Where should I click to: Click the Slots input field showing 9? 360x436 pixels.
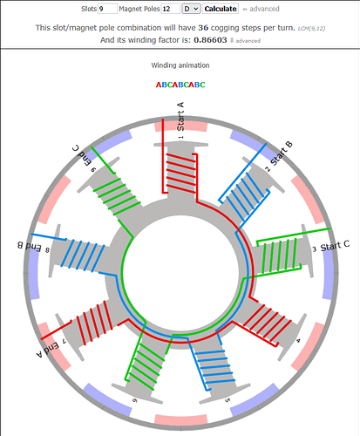107,9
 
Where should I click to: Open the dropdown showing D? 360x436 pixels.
191,9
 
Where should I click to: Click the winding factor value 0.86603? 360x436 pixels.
215,40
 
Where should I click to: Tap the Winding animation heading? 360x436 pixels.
180,65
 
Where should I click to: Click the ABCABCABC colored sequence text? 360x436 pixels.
180,85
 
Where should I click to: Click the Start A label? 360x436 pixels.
180,116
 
